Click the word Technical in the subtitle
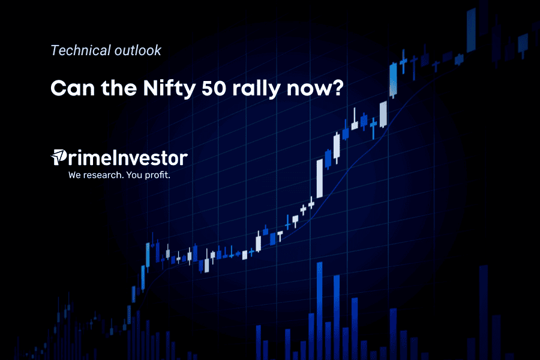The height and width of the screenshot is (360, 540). pyautogui.click(x=80, y=50)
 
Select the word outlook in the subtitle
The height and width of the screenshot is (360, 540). pyautogui.click(x=138, y=50)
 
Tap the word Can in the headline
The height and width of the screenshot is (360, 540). pyautogui.click(x=73, y=88)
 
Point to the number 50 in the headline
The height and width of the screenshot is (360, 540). pyautogui.click(x=214, y=88)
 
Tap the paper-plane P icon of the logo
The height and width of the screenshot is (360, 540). pyautogui.click(x=59, y=157)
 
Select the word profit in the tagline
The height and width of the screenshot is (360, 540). pyautogui.click(x=157, y=175)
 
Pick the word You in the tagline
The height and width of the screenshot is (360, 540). pyautogui.click(x=134, y=175)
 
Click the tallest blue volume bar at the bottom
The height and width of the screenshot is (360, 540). pyautogui.click(x=320, y=311)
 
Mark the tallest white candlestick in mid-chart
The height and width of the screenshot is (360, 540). pyautogui.click(x=320, y=178)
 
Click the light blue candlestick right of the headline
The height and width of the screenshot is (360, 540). pyautogui.click(x=393, y=80)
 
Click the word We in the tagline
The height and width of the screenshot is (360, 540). pyautogui.click(x=75, y=175)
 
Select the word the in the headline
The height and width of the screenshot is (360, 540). pyautogui.click(x=118, y=88)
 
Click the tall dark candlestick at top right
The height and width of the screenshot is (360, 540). pyautogui.click(x=471, y=31)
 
